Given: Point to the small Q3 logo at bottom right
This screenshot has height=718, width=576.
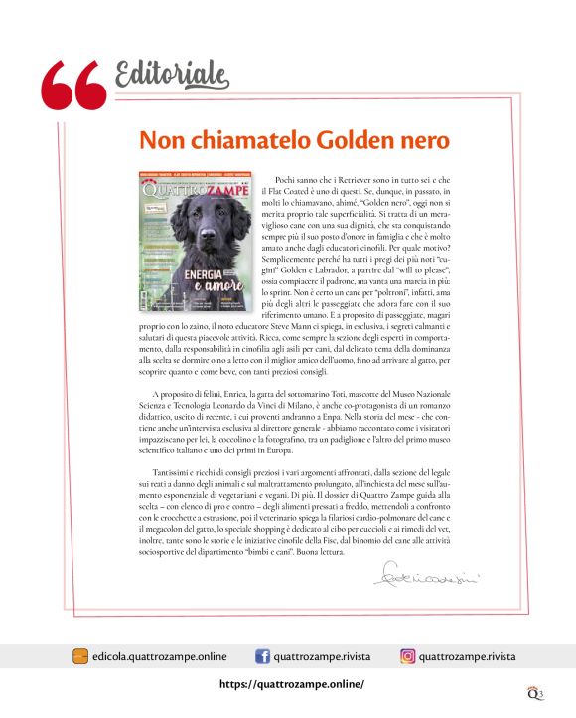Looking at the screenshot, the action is point(536,690).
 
